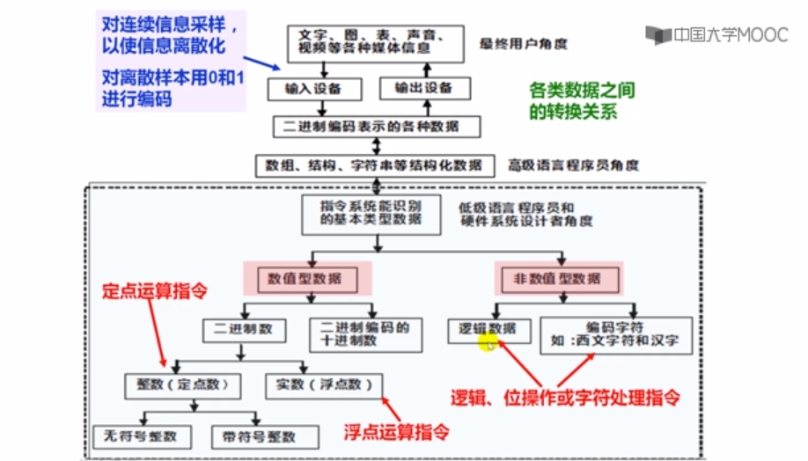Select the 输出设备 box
coord(424,88)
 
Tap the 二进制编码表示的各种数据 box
coord(378,127)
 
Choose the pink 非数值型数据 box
coord(556,279)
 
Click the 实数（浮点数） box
coord(324,384)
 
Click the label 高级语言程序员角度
coord(573,165)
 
